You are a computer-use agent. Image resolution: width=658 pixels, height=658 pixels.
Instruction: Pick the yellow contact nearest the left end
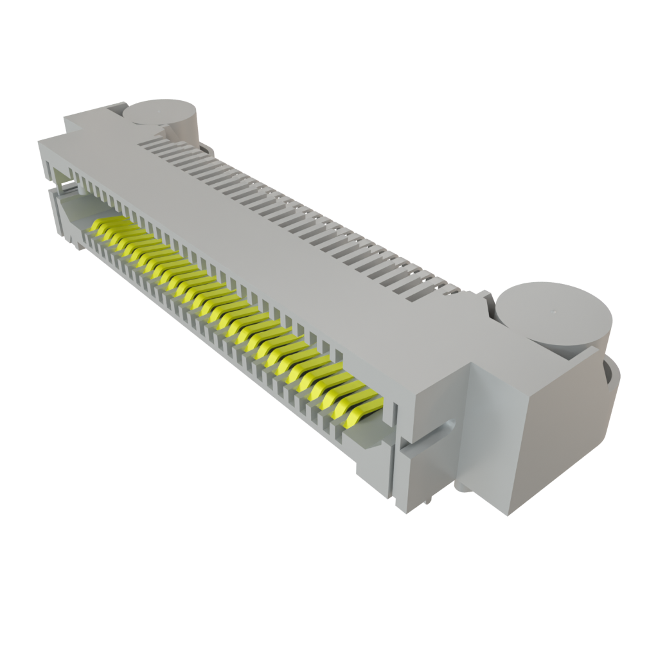click(x=103, y=226)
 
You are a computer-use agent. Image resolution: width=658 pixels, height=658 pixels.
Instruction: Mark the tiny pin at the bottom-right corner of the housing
click(x=425, y=504)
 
